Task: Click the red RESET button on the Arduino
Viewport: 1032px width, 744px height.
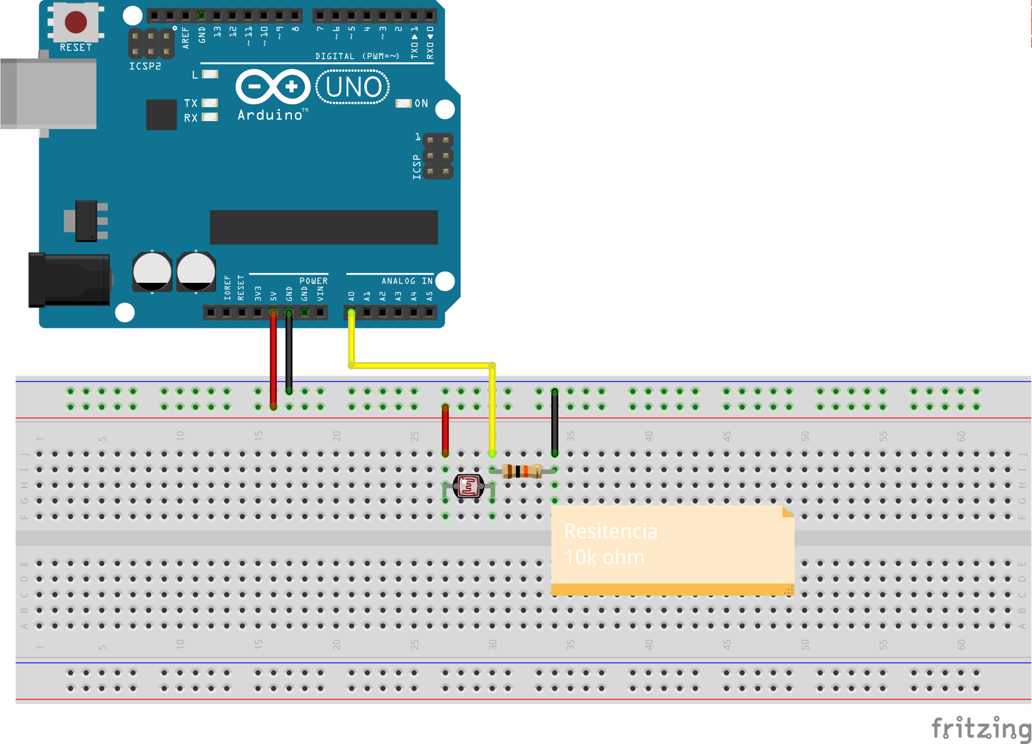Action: point(76,22)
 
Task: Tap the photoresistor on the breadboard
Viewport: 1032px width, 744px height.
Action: point(469,486)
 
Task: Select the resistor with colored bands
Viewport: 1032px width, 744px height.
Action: point(522,471)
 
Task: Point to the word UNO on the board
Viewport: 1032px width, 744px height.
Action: point(353,87)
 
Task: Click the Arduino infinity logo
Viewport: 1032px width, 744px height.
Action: point(273,87)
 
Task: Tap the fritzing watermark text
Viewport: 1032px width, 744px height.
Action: point(981,728)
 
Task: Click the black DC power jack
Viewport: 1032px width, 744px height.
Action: point(69,280)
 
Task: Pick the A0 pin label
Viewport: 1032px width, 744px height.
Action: point(352,296)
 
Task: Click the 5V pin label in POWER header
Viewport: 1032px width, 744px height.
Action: point(273,296)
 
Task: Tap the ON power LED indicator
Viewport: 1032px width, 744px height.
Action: point(403,103)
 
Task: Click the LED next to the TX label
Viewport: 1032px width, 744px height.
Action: point(210,103)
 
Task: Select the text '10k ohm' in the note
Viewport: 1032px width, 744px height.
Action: point(604,557)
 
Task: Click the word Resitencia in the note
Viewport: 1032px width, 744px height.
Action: point(610,531)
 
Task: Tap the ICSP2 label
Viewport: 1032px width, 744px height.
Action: point(145,67)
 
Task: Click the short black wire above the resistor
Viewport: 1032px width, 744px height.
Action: point(554,422)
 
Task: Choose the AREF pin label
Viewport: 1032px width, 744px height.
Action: point(186,37)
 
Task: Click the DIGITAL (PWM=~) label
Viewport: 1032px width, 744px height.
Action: point(357,56)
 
